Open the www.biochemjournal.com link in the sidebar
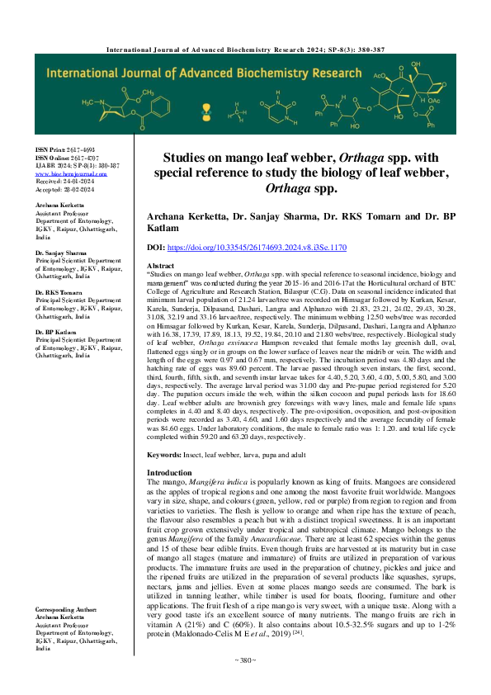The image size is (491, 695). [71, 174]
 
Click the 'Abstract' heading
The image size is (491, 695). [162, 265]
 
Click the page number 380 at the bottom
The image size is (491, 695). [245, 683]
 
